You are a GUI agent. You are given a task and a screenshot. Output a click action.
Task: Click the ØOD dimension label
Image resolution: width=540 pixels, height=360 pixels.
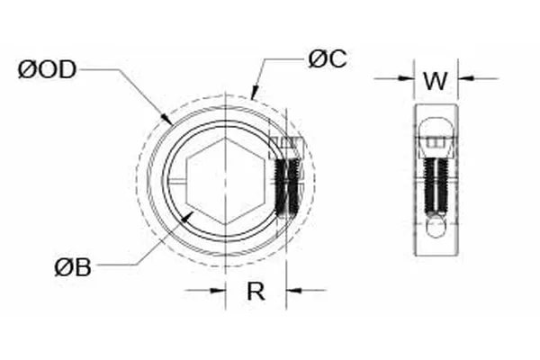(x=47, y=70)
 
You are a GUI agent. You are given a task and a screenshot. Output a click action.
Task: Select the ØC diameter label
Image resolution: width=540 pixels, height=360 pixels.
(x=327, y=59)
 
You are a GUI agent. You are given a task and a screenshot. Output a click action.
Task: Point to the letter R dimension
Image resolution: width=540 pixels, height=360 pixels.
(x=256, y=291)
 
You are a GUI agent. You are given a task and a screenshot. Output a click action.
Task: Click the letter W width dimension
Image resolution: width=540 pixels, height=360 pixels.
(x=436, y=80)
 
